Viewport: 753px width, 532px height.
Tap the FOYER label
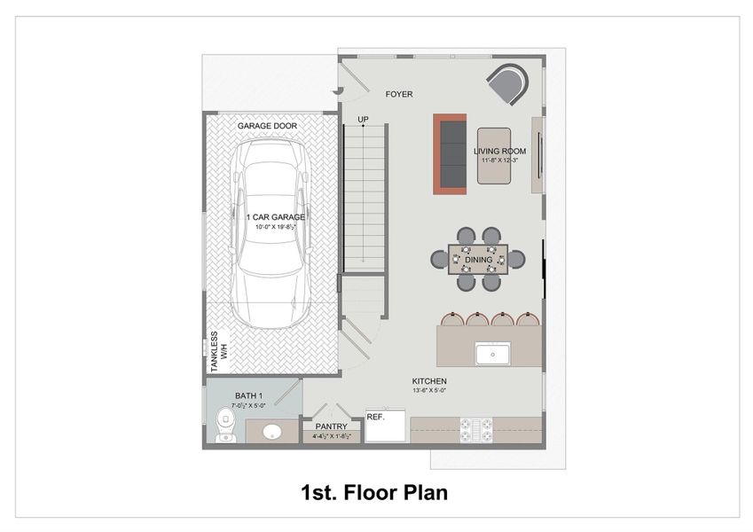(399, 94)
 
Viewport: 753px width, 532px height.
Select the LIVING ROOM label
(500, 151)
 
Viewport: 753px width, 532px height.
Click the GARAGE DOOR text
(266, 126)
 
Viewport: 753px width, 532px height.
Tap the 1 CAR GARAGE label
(276, 216)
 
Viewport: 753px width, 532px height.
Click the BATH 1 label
(248, 395)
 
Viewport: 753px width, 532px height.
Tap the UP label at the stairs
(363, 120)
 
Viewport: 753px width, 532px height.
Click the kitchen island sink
(490, 355)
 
